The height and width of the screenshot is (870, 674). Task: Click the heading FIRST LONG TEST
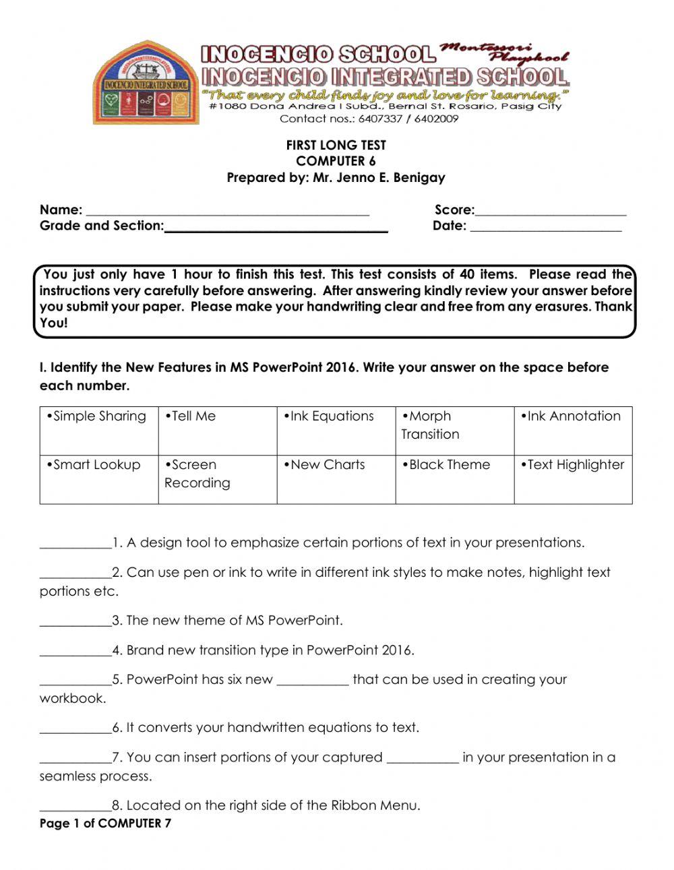pos(336,145)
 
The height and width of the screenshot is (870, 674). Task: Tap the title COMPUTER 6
pos(336,161)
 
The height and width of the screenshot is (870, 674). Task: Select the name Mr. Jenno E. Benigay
pos(379,178)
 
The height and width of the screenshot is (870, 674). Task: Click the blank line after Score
pos(551,212)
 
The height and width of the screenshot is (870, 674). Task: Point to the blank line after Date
pos(545,228)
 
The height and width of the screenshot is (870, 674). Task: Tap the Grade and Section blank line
pos(276,228)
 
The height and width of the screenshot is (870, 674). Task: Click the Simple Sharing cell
pos(99,430)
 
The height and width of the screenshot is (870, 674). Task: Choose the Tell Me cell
pos(218,430)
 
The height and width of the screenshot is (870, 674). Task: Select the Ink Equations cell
pos(336,430)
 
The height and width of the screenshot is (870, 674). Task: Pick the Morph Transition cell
pos(455,430)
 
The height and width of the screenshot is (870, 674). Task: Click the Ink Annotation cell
pos(574,430)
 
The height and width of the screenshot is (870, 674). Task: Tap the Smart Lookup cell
pos(99,479)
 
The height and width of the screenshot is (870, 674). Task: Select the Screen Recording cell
pos(218,479)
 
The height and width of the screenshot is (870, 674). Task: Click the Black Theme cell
pos(455,479)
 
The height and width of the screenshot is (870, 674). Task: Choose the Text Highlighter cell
pos(574,479)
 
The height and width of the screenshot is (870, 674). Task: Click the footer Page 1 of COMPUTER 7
pos(105,824)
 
